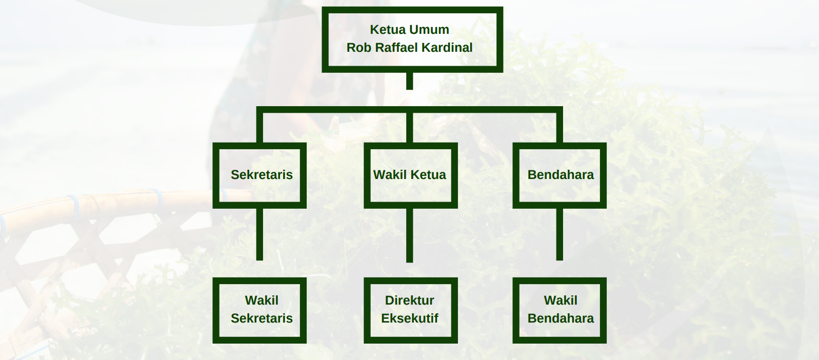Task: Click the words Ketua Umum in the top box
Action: click(409, 30)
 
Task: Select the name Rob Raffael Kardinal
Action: click(409, 48)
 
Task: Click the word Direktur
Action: click(409, 301)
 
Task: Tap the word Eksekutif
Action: click(409, 318)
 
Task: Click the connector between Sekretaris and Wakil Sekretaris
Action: click(259, 234)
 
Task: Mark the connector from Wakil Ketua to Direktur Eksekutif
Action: click(409, 235)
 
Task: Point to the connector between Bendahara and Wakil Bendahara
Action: click(560, 234)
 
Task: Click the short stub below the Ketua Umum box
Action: click(409, 81)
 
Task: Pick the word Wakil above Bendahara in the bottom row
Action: click(561, 301)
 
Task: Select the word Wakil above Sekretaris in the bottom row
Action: click(262, 301)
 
